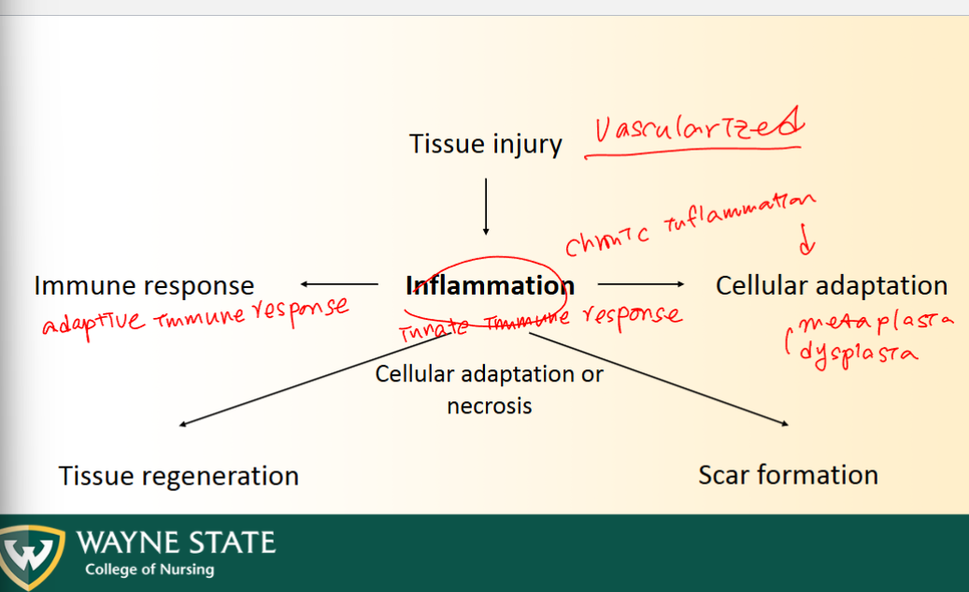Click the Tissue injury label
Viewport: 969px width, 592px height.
click(x=485, y=145)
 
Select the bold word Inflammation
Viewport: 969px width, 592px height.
click(x=491, y=285)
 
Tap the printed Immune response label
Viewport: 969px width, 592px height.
click(x=143, y=285)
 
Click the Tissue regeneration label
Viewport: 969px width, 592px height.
click(x=178, y=475)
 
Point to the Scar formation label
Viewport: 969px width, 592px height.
click(x=788, y=474)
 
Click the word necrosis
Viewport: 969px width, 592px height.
click(x=489, y=406)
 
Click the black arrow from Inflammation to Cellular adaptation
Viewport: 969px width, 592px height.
click(x=640, y=283)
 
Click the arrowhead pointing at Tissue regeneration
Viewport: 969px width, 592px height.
click(x=183, y=425)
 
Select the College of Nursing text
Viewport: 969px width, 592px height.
click(x=149, y=570)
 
